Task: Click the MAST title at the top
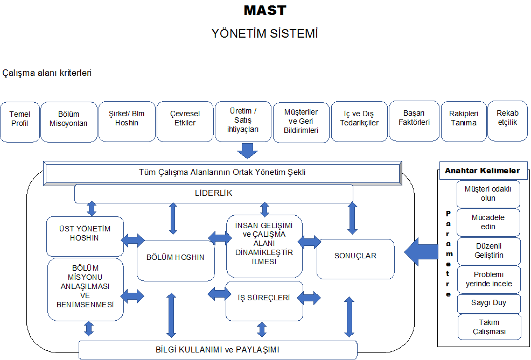pos(265,10)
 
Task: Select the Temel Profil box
pos(20,119)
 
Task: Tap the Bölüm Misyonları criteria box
pos(68,119)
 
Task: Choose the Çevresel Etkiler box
pos(185,118)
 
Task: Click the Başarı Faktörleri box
pos(414,118)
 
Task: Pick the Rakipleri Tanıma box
pos(463,118)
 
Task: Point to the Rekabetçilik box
pos(507,118)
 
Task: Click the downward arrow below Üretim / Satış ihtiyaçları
pos(248,150)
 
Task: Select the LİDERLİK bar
pos(214,193)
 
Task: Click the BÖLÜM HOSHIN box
pos(176,257)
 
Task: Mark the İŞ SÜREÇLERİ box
pos(264,297)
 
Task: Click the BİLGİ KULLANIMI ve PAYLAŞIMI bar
pos(218,349)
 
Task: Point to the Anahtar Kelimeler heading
pos(482,171)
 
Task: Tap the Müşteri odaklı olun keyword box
pos(488,194)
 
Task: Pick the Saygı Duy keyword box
pos(489,303)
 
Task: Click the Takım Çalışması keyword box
pos(489,327)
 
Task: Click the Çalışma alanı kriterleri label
pos(47,73)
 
